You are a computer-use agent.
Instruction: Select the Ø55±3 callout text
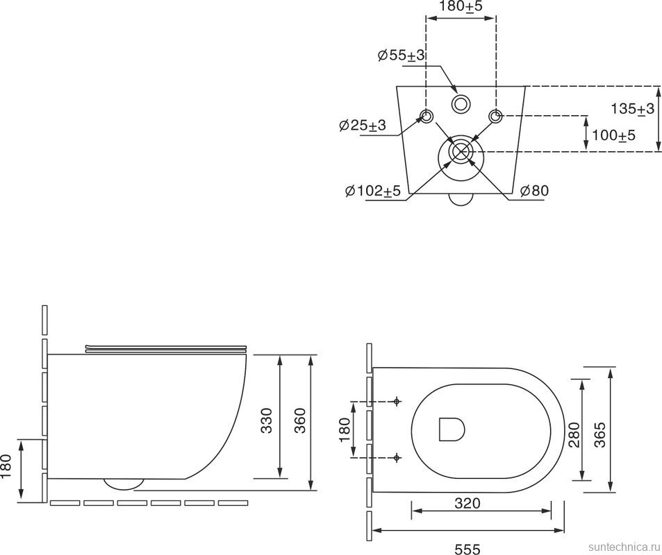tap(401, 55)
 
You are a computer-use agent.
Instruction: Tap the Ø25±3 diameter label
tap(362, 126)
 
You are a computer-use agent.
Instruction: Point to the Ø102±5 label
tap(372, 191)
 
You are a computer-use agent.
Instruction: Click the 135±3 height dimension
tap(632, 109)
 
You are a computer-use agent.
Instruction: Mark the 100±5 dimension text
tap(613, 135)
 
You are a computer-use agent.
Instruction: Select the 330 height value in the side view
tap(267, 420)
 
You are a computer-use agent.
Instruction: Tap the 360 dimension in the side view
tap(300, 420)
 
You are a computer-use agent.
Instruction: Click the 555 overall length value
tap(467, 549)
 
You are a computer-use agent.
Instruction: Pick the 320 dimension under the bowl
tap(467, 504)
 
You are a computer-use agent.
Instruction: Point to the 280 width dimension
tap(574, 434)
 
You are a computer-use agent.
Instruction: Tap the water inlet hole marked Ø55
tap(460, 104)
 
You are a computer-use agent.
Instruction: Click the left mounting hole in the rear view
tap(427, 115)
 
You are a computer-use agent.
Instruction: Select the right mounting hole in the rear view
tap(495, 115)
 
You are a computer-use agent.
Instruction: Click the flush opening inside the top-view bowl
tap(452, 429)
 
